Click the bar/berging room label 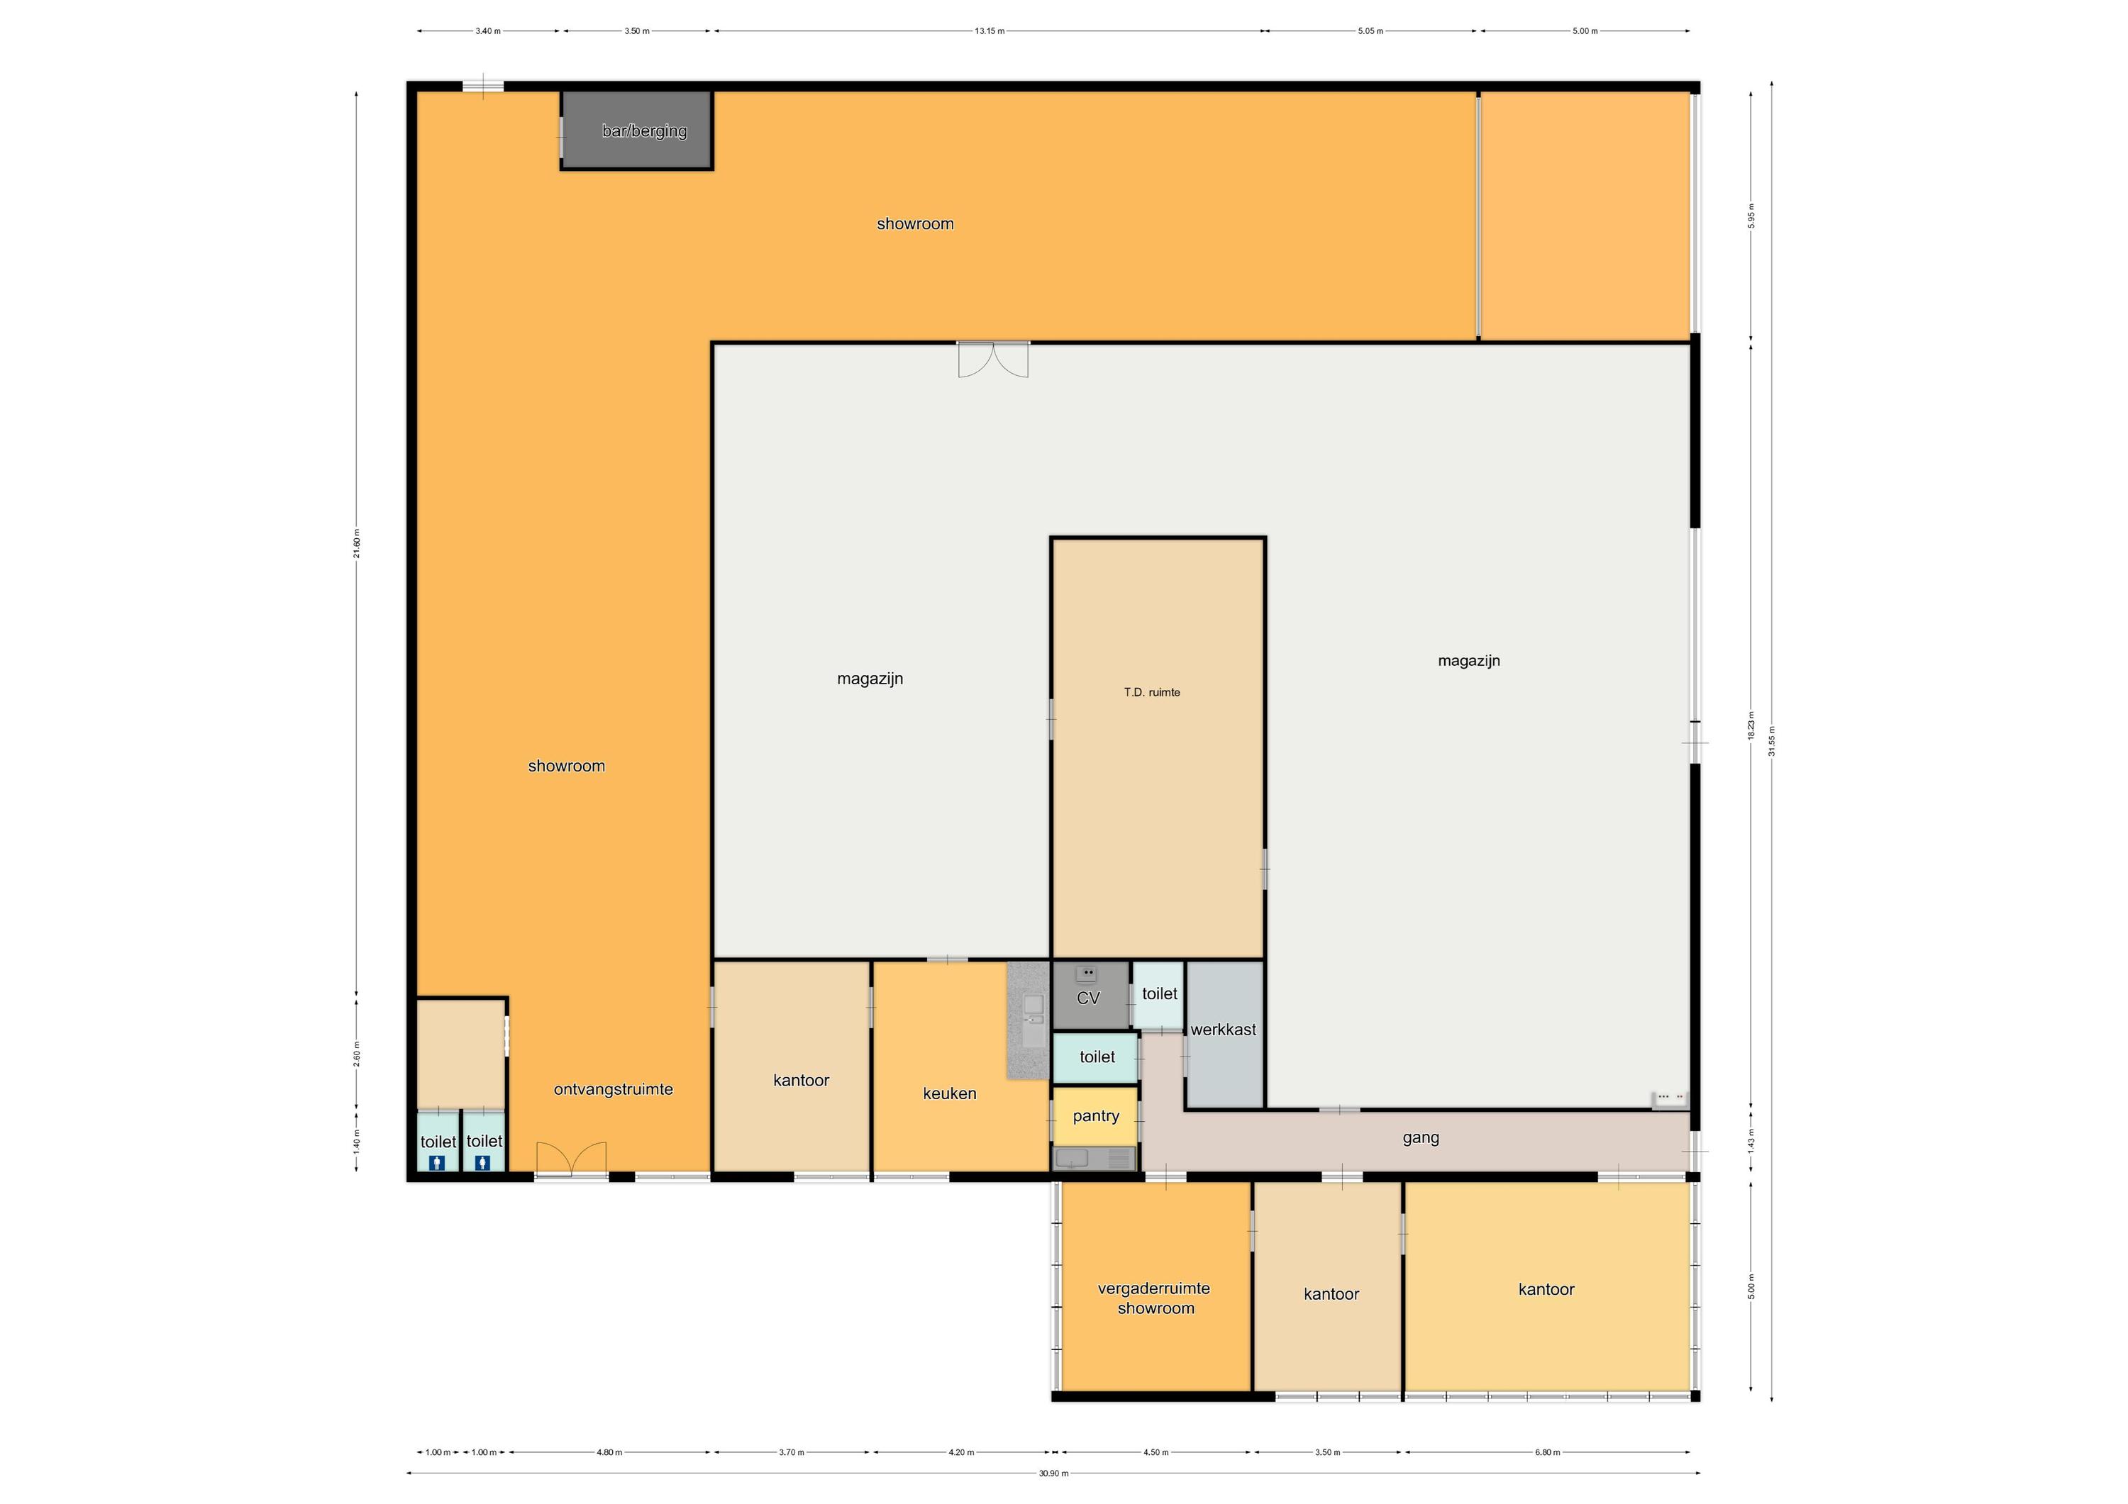pyautogui.click(x=644, y=130)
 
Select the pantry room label pyautogui.click(x=1095, y=1115)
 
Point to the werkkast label pyautogui.click(x=1224, y=1030)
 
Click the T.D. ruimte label pyautogui.click(x=1152, y=692)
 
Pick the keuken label pyautogui.click(x=949, y=1093)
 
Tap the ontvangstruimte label pyautogui.click(x=613, y=1090)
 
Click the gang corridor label pyautogui.click(x=1420, y=1139)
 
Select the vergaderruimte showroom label pyautogui.click(x=1155, y=1298)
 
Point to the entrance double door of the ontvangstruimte pyautogui.click(x=571, y=1160)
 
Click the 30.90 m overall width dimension pyautogui.click(x=1053, y=1474)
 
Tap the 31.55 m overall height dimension pyautogui.click(x=1772, y=741)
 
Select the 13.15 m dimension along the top pyautogui.click(x=989, y=30)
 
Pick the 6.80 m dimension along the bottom pyautogui.click(x=1547, y=1452)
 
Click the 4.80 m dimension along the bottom pyautogui.click(x=609, y=1452)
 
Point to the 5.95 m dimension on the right pyautogui.click(x=1751, y=215)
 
